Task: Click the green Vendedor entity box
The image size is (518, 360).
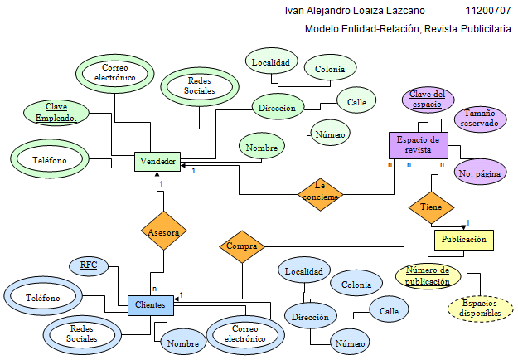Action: point(157,161)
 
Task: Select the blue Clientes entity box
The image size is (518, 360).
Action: point(150,305)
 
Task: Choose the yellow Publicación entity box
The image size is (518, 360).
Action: point(463,240)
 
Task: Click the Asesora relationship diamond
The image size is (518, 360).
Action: point(163,233)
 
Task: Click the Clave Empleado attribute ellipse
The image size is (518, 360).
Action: point(56,113)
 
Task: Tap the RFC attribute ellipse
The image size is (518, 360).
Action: point(89,265)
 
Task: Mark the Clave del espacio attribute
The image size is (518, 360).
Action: point(428,100)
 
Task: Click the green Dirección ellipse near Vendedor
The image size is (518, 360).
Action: point(277,109)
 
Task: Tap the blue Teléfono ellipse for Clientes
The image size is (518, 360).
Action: point(42,296)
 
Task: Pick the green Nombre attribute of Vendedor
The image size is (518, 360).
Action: point(261,146)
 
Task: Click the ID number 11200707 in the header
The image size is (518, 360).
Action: point(489,11)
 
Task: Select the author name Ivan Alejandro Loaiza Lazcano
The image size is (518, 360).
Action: point(355,11)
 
